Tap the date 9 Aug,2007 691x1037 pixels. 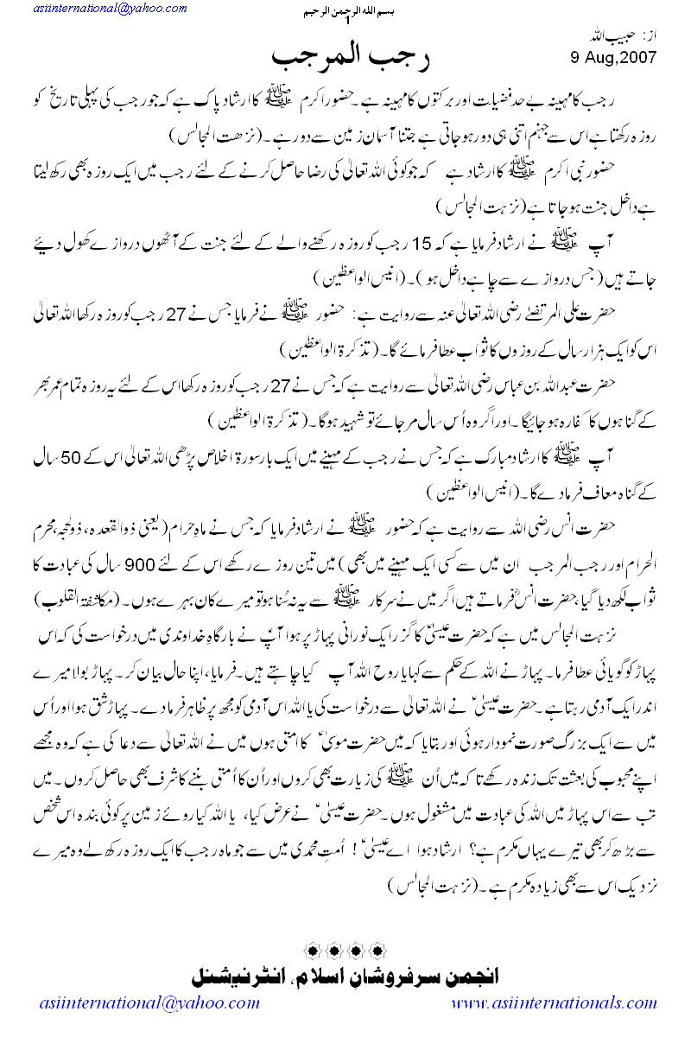tap(613, 59)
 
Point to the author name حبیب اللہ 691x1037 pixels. tap(631, 40)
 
